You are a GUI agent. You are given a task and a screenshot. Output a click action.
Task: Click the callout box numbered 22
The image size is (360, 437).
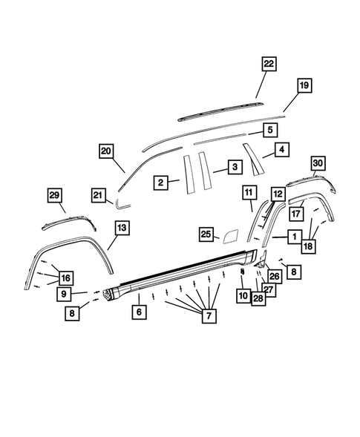(x=269, y=65)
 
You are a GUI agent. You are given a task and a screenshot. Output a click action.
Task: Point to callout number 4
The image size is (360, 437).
(x=281, y=150)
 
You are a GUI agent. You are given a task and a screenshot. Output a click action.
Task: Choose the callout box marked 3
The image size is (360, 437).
(x=233, y=168)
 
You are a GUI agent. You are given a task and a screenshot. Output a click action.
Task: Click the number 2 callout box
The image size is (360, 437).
(x=160, y=180)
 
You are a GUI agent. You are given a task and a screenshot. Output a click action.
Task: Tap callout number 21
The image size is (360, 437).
(x=98, y=194)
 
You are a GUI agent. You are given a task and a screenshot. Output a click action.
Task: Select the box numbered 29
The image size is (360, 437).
(x=54, y=194)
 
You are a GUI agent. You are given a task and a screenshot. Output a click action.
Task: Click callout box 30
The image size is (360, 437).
(x=318, y=162)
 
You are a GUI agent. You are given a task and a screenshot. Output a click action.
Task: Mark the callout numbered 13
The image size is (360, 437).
(x=122, y=226)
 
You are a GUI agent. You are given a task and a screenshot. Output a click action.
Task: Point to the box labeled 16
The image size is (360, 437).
(x=66, y=277)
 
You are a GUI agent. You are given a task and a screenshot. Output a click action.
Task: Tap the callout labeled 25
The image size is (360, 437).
(x=206, y=234)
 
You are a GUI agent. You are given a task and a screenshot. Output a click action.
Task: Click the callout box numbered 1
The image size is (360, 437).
(x=295, y=236)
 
